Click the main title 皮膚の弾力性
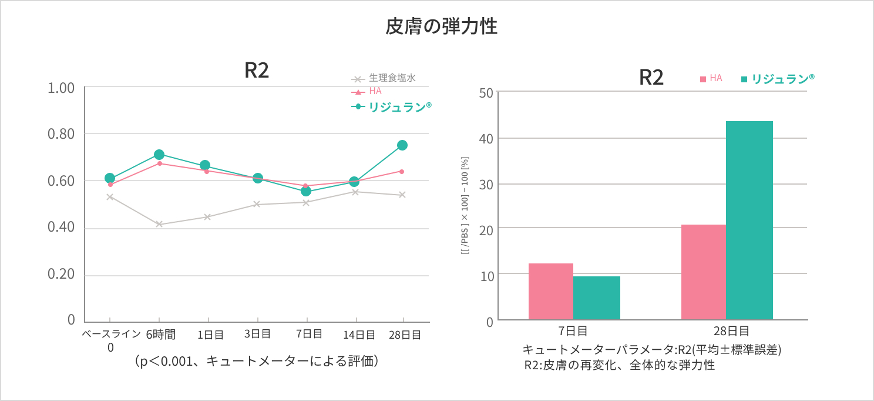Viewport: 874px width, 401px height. pos(441,27)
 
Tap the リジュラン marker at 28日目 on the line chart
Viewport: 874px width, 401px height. pos(402,145)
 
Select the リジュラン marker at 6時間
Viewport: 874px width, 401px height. pos(159,155)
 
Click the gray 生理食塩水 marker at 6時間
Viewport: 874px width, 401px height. pos(159,224)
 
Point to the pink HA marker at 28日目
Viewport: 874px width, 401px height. pos(402,171)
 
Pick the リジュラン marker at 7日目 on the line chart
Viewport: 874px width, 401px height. pos(306,191)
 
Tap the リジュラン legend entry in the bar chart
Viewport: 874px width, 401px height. pos(778,79)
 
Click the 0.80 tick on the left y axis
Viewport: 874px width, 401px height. pos(61,134)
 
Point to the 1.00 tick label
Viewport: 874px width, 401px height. pos(61,88)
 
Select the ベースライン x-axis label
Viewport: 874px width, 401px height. pos(110,335)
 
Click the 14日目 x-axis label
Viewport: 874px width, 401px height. pos(359,335)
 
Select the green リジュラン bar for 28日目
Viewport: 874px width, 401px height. pos(749,220)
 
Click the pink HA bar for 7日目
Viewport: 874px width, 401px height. pos(550,292)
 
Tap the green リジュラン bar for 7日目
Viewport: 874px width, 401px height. pos(596,298)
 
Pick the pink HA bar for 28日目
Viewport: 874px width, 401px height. pos(703,272)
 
